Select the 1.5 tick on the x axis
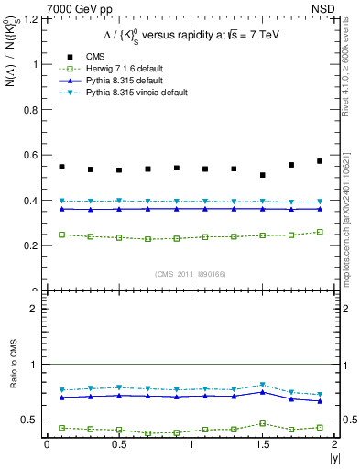[263, 445]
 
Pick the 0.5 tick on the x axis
[118, 445]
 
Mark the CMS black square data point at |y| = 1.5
[263, 175]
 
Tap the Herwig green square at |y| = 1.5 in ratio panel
[263, 423]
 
